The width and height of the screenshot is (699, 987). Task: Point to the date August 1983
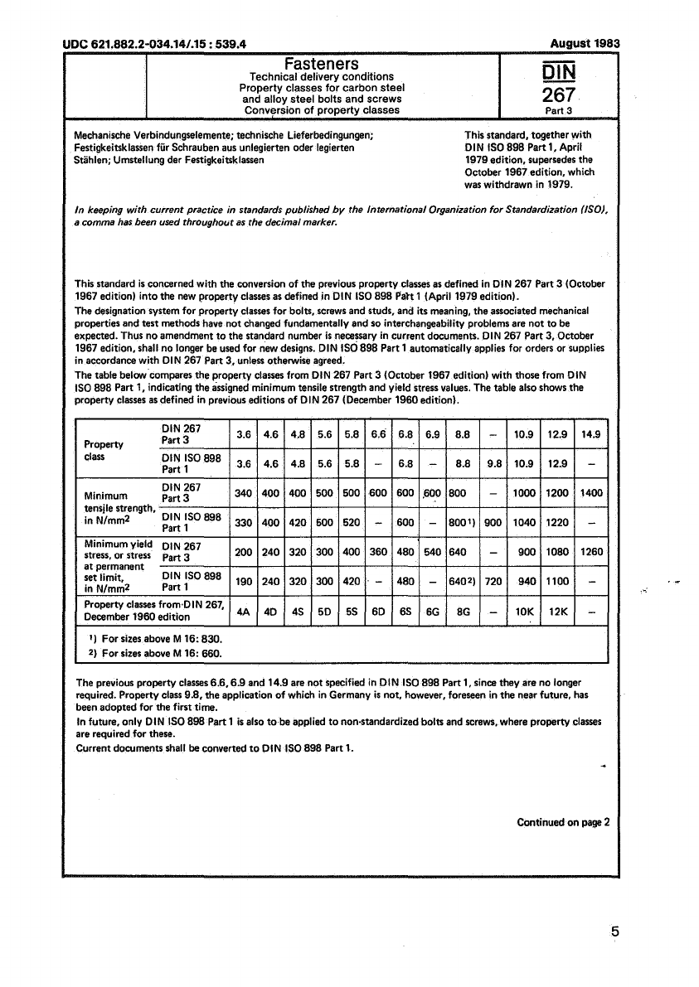click(x=585, y=43)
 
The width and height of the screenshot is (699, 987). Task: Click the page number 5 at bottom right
click(x=614, y=931)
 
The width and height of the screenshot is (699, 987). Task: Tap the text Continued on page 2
click(x=563, y=823)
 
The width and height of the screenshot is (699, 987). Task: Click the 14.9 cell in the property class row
click(x=591, y=433)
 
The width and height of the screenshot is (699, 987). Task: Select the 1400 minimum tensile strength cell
click(x=591, y=493)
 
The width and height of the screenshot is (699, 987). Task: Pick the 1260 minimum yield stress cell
click(x=591, y=551)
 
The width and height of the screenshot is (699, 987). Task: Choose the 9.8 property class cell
click(x=493, y=464)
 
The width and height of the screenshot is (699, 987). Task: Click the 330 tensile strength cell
click(x=244, y=523)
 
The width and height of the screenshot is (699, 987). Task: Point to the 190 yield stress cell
click(x=244, y=582)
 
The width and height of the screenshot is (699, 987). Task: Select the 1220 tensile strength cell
click(x=557, y=523)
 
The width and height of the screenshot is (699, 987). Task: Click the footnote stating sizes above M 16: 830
click(x=155, y=640)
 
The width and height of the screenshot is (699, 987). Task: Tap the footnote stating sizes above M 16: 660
click(x=155, y=654)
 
